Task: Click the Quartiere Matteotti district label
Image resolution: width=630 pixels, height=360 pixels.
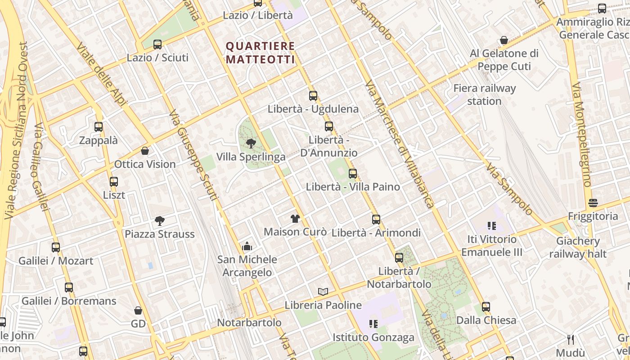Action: click(260, 53)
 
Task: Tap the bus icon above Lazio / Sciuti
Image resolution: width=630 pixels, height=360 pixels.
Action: click(157, 45)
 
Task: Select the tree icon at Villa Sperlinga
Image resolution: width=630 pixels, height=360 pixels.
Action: click(251, 144)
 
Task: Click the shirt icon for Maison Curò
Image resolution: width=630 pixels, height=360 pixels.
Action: click(295, 219)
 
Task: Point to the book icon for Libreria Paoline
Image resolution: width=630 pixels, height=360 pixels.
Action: click(323, 292)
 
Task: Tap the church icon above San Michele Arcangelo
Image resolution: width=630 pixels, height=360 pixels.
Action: click(247, 246)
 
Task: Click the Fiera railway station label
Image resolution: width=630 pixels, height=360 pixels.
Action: click(484, 94)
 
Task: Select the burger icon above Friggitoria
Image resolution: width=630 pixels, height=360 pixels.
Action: click(593, 203)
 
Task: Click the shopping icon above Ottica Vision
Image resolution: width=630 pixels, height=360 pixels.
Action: click(145, 151)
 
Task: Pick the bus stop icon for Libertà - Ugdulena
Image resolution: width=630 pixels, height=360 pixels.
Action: click(313, 96)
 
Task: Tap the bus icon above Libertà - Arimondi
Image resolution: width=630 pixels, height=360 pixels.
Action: click(376, 220)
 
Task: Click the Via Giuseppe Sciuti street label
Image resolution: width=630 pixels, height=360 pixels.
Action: click(194, 155)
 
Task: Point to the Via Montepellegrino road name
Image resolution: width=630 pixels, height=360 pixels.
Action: click(581, 135)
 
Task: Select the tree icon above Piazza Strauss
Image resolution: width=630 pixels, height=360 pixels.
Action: click(159, 220)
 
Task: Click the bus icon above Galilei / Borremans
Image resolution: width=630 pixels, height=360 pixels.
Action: click(69, 288)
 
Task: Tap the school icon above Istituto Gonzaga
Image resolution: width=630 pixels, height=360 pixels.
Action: click(373, 324)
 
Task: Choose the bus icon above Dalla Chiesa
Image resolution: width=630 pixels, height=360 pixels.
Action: click(486, 307)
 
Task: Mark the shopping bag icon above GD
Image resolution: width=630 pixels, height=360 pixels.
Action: click(138, 310)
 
